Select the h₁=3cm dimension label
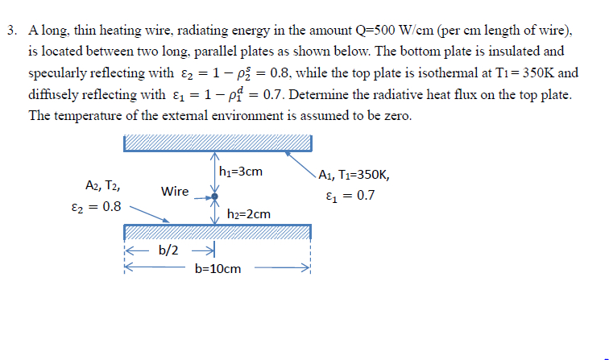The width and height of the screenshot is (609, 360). pos(240,172)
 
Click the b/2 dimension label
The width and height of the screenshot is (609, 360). pos(168,250)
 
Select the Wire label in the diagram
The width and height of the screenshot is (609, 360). pos(175,192)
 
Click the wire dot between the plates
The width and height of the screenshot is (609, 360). pos(214,197)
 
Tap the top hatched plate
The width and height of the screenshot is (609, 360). pos(217,144)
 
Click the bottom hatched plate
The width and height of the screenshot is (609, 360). pos(217,232)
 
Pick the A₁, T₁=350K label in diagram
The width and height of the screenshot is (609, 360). pos(354,175)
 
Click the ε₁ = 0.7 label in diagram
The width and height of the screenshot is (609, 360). pos(347,195)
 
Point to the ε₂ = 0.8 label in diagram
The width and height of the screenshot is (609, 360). pos(95,206)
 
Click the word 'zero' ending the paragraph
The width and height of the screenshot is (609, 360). pos(395,115)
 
